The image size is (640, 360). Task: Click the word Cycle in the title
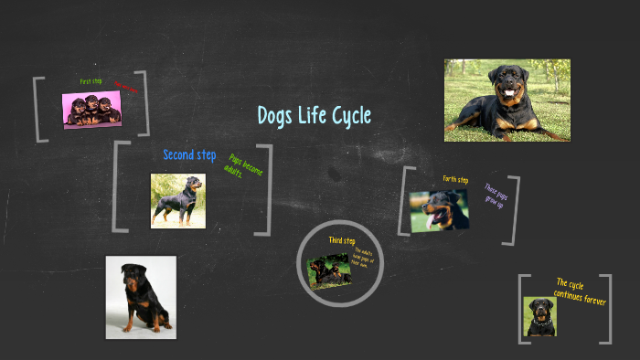(347, 116)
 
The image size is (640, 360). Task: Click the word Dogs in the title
(274, 116)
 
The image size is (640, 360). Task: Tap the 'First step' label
(91, 81)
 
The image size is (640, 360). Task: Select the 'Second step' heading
(189, 155)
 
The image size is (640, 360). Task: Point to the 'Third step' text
(342, 240)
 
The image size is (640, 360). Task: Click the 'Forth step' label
(455, 179)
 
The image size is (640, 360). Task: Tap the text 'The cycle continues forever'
(580, 291)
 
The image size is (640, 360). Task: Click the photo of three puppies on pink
(91, 110)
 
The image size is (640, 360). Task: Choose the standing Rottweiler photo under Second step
(177, 200)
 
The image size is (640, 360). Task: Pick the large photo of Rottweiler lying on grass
(507, 100)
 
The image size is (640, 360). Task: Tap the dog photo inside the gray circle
(328, 271)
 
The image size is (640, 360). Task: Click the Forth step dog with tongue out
(439, 210)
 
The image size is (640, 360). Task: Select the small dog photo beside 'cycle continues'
(540, 316)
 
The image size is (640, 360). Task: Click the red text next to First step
(126, 88)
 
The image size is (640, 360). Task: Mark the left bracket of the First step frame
(37, 110)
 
